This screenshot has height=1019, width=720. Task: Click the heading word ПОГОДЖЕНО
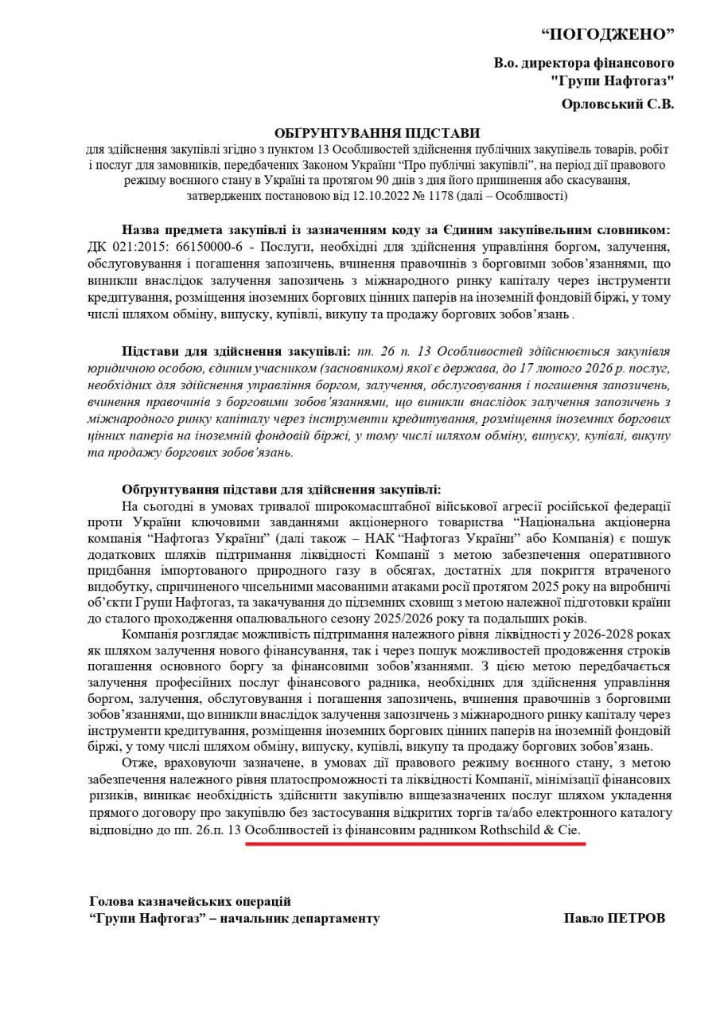607,33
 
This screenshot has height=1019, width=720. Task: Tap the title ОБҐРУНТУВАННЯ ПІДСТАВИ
378,132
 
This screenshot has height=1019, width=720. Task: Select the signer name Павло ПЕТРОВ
613,918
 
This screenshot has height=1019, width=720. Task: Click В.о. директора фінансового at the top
584,62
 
